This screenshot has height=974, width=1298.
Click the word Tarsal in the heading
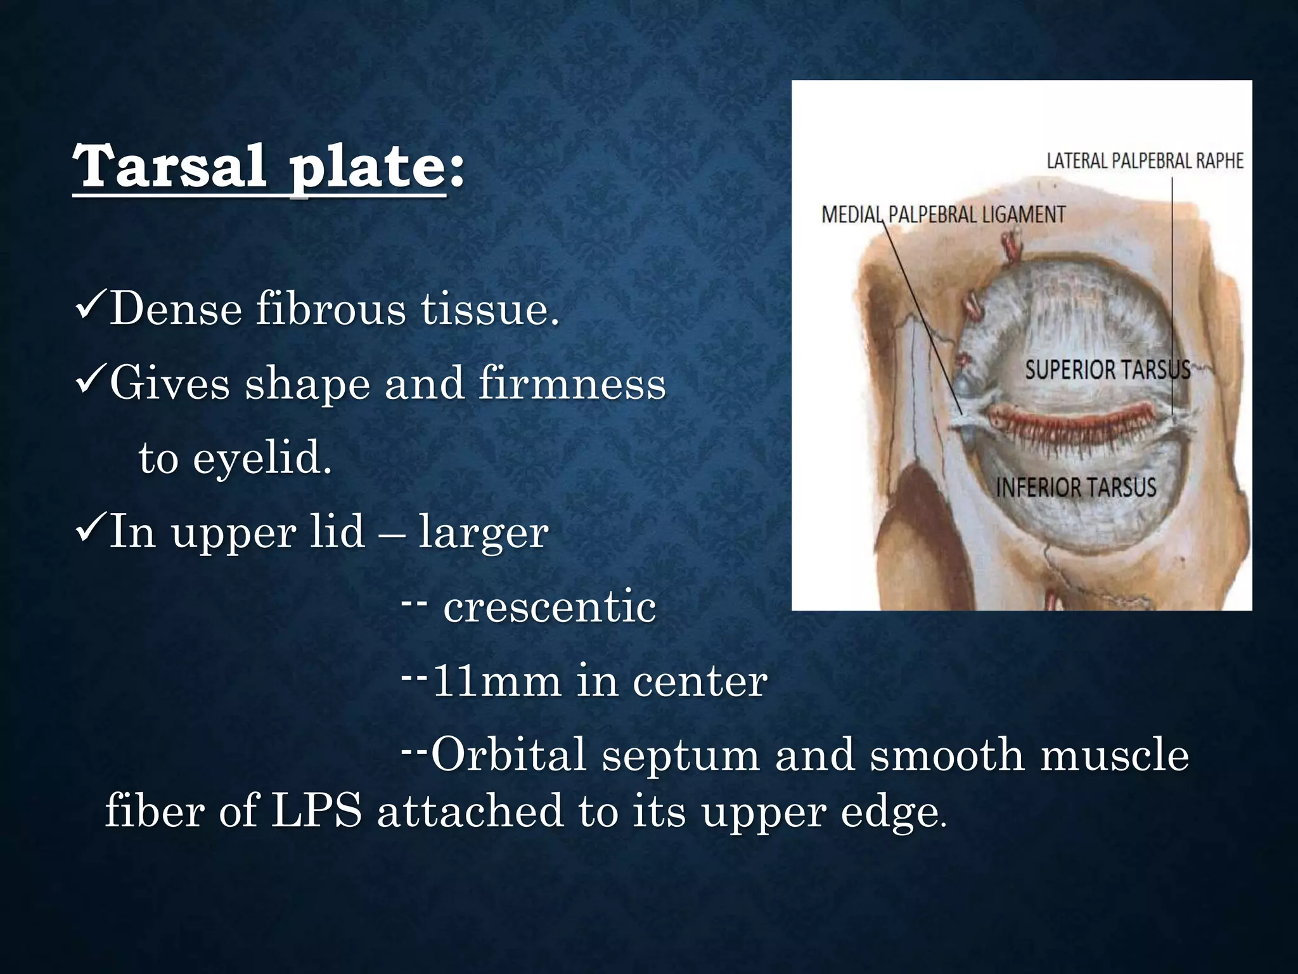pyautogui.click(x=169, y=166)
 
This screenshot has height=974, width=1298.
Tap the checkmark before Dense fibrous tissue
pyautogui.click(x=90, y=308)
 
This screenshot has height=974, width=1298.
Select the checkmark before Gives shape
pyautogui.click(x=90, y=382)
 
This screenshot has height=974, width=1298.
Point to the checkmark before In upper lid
pyautogui.click(x=90, y=530)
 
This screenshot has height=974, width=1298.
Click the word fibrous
pyautogui.click(x=330, y=309)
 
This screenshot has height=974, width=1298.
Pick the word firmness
pyautogui.click(x=572, y=384)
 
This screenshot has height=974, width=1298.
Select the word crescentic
pyautogui.click(x=549, y=607)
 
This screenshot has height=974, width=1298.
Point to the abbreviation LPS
pyautogui.click(x=316, y=811)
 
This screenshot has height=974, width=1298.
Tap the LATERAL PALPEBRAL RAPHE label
pyautogui.click(x=1145, y=161)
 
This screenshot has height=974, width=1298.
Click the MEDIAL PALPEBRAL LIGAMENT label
pyautogui.click(x=943, y=215)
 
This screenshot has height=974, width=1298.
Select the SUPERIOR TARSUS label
pyautogui.click(x=1106, y=369)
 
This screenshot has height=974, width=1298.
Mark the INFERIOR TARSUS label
pyautogui.click(x=1076, y=488)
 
